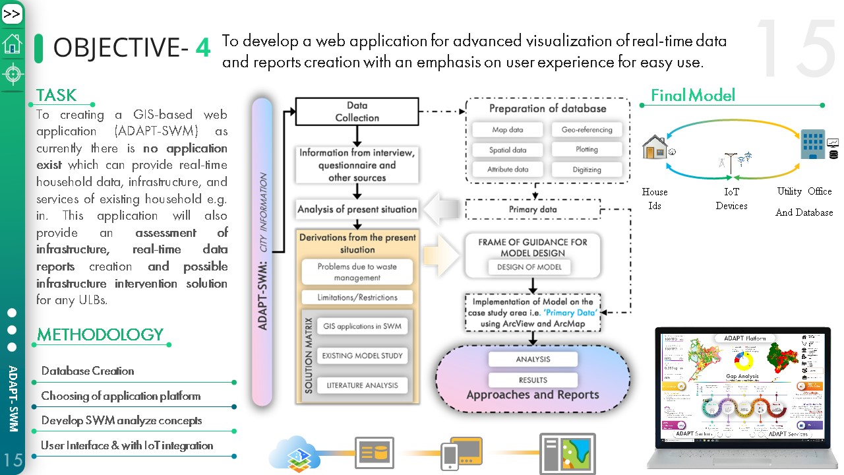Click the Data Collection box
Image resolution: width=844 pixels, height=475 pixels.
[357, 111]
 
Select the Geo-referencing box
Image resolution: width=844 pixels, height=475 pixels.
[587, 130]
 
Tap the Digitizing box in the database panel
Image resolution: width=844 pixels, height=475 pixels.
[587, 170]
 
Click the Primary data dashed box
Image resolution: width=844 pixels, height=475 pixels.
[532, 210]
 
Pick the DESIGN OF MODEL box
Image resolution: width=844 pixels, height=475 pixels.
[529, 267]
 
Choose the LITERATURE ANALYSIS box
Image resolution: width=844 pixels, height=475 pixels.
[362, 385]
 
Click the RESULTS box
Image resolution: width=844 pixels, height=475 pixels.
[533, 380]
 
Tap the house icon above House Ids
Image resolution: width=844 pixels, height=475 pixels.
[656, 146]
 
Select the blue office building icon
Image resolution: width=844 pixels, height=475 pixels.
[812, 144]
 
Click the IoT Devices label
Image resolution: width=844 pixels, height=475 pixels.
[731, 199]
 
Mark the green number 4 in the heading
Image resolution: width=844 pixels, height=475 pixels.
[203, 47]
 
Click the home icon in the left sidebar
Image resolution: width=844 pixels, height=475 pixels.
[12, 44]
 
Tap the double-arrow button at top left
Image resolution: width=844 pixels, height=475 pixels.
[12, 14]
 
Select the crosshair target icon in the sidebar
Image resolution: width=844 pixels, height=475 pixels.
[12, 74]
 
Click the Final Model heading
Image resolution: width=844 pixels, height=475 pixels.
[692, 96]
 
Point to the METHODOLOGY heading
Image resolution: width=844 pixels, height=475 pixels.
[100, 334]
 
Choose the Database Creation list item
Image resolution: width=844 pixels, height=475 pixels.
[88, 371]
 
